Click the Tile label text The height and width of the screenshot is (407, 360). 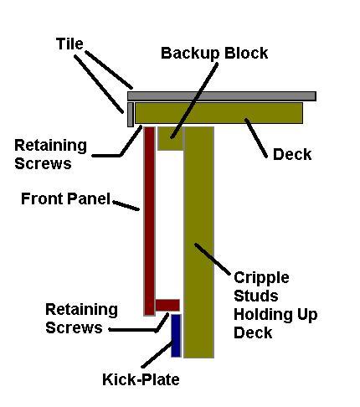(69, 44)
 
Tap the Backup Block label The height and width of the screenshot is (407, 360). (214, 53)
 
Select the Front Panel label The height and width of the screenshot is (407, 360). (66, 198)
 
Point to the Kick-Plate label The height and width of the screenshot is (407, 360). (141, 379)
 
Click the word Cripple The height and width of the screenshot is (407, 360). (261, 278)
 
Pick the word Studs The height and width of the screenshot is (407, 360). (256, 296)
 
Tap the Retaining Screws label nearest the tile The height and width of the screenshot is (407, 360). (50, 154)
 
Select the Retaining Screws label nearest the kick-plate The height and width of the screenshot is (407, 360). (81, 318)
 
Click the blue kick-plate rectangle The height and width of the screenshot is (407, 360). (176, 336)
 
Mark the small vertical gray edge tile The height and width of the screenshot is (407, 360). (131, 115)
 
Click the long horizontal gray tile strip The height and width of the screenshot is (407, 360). (222, 96)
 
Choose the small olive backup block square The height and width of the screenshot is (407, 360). (170, 139)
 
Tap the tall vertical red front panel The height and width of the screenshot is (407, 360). (149, 221)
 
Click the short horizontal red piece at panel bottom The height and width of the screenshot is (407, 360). (167, 305)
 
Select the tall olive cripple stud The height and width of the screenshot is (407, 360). (199, 242)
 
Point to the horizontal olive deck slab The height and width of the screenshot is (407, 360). (219, 113)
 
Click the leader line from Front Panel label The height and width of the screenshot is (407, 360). (126, 205)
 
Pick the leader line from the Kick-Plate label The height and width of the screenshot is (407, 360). (157, 353)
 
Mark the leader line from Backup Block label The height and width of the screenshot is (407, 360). (194, 100)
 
